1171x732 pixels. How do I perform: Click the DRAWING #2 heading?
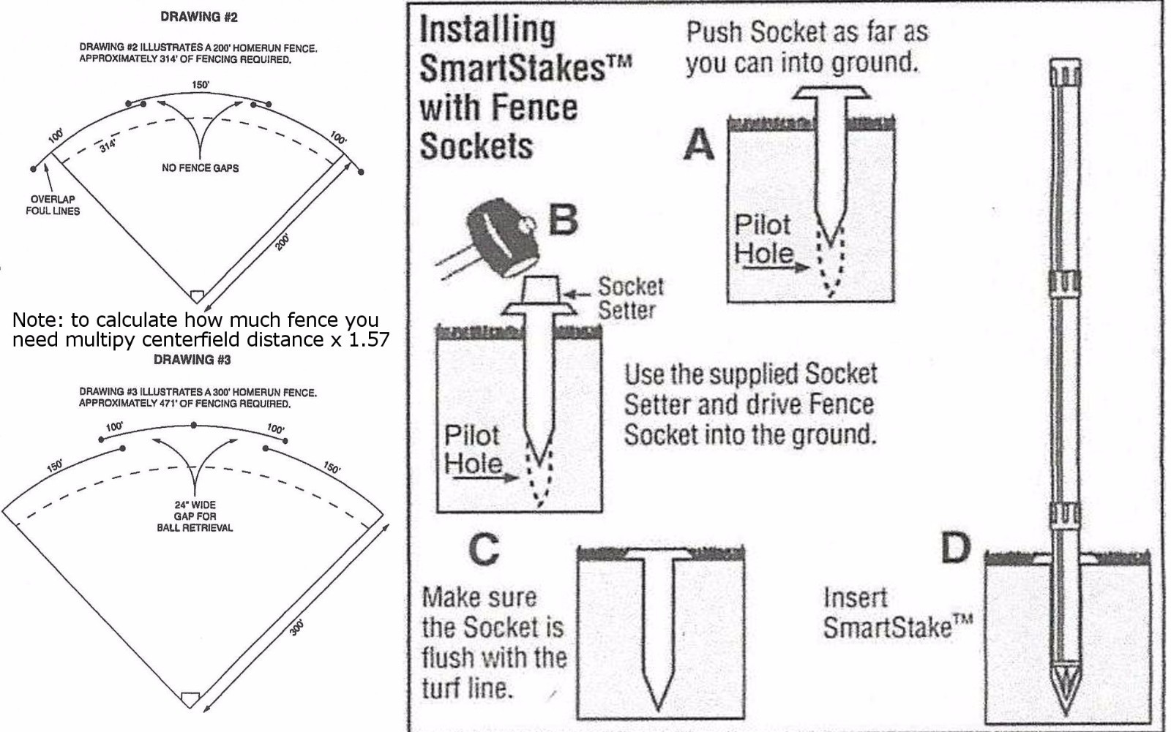tap(199, 17)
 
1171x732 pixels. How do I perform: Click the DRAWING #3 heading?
tap(192, 359)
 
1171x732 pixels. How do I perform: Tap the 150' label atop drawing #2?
tap(200, 85)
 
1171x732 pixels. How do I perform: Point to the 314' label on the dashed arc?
tap(108, 146)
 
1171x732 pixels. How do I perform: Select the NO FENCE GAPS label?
tap(200, 167)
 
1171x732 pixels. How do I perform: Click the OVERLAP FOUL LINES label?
tap(53, 205)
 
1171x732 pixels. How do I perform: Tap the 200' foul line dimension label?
tap(283, 241)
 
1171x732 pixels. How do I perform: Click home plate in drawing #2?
tap(196, 295)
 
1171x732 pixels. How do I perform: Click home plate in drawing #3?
tap(190, 698)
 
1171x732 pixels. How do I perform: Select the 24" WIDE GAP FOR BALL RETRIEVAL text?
tap(195, 516)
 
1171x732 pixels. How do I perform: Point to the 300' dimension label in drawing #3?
tap(296, 627)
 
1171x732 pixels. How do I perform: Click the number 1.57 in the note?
tap(369, 339)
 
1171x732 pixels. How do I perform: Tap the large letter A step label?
tap(699, 144)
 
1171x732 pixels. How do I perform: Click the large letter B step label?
tap(563, 219)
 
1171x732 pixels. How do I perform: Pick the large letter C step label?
tap(484, 550)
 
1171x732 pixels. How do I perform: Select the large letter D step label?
tap(955, 548)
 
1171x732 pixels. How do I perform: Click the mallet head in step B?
tap(501, 240)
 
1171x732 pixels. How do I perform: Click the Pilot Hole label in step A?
tap(763, 239)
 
